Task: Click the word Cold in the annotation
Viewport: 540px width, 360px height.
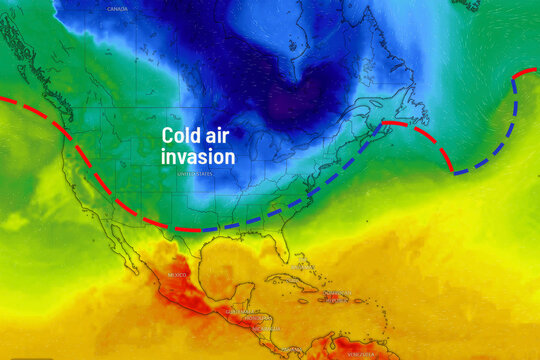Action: pos(184,138)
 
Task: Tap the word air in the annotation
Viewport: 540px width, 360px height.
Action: pos(223,138)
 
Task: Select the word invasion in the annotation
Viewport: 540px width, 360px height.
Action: pos(198,157)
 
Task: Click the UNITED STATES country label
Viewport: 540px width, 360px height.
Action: pos(195,173)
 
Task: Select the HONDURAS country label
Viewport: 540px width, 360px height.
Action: pos(262,317)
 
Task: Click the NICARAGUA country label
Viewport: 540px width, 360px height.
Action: pos(265,329)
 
